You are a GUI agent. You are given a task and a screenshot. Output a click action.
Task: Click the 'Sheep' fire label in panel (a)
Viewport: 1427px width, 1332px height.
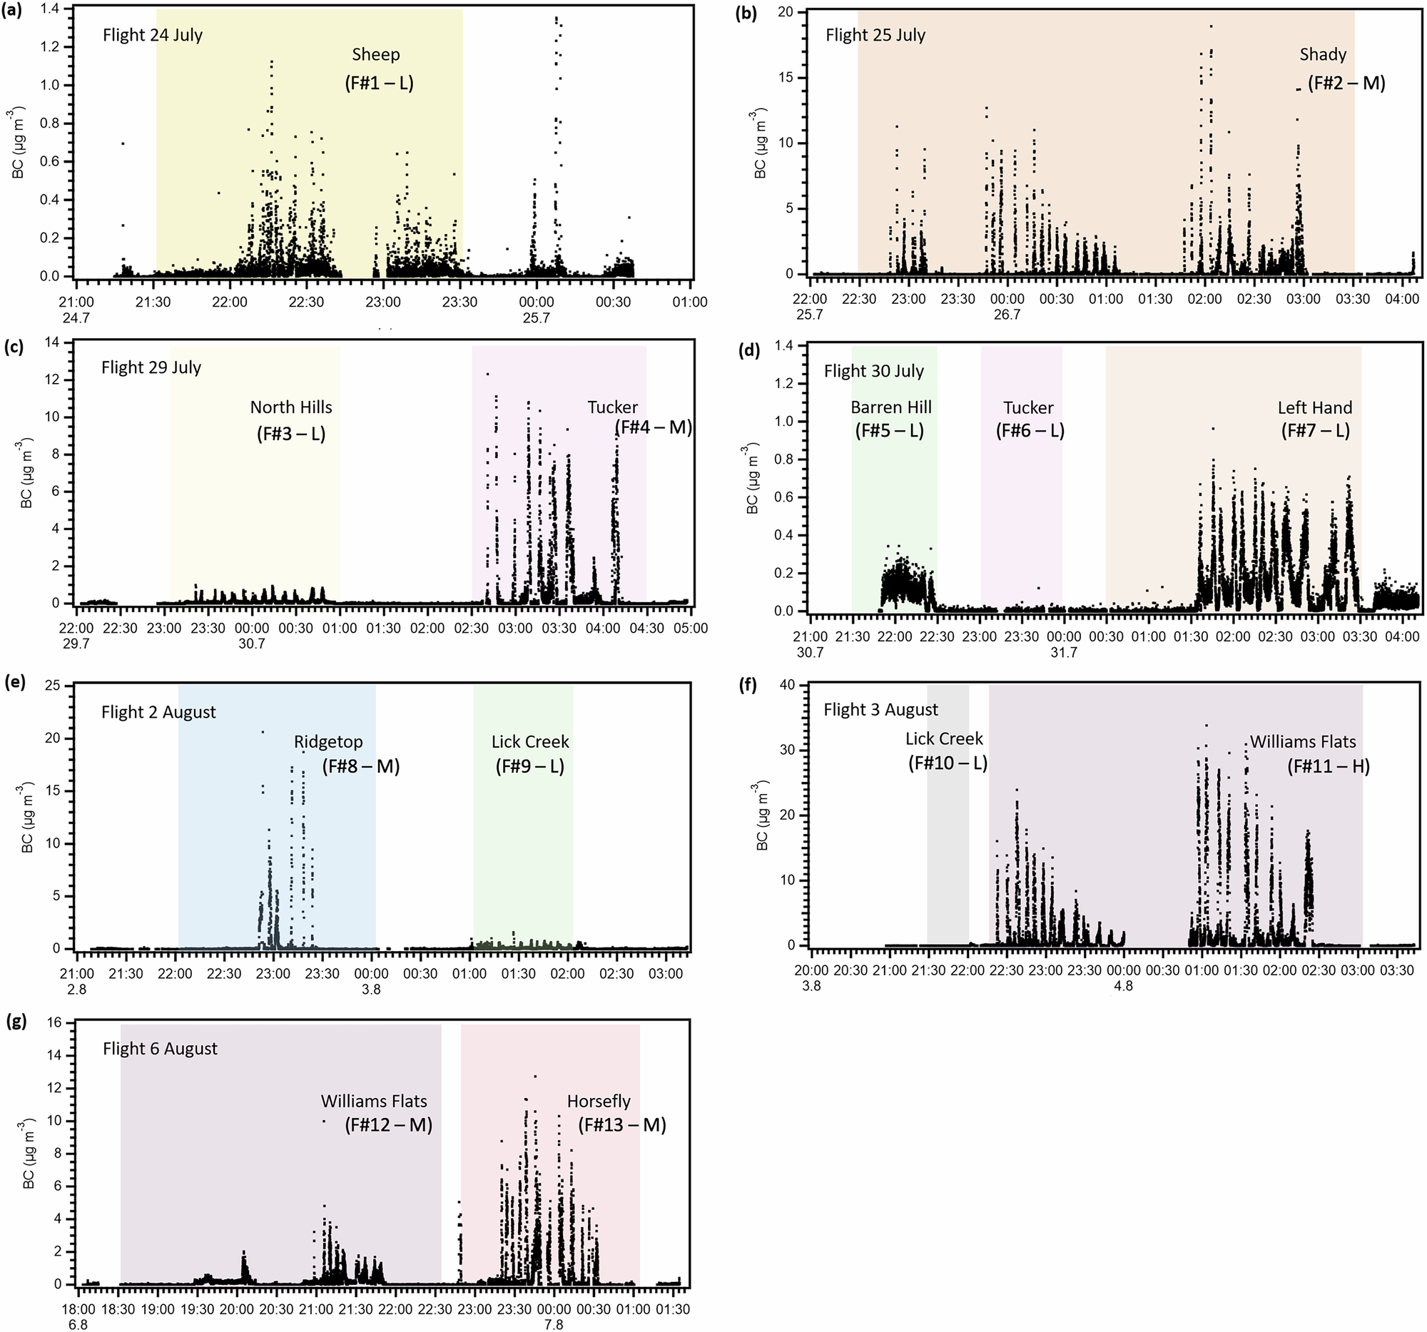point(375,54)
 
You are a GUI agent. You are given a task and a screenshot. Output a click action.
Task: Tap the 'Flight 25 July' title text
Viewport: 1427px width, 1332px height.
point(875,35)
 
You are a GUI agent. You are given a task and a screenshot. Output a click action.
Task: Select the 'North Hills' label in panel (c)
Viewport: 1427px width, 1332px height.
point(290,407)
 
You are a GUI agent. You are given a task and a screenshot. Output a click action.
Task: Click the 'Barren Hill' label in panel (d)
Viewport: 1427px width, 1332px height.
point(890,407)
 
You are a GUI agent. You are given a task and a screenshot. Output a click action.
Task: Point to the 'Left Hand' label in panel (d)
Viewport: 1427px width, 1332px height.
point(1314,407)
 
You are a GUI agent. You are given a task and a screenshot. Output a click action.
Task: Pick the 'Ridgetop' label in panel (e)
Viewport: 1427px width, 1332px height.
point(328,741)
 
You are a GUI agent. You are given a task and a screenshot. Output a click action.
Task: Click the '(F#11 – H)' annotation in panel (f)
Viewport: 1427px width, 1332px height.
point(1328,766)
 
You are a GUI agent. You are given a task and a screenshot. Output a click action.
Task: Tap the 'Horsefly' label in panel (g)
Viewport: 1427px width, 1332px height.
point(599,1101)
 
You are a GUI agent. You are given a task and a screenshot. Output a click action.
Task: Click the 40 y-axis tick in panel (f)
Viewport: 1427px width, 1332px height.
point(787,685)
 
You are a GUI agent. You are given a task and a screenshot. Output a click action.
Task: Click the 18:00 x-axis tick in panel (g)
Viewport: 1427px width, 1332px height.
point(78,1309)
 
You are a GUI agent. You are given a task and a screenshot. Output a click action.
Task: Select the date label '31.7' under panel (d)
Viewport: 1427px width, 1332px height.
point(1063,652)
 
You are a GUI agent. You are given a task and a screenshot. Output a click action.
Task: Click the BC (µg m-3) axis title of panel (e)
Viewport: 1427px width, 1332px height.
point(27,818)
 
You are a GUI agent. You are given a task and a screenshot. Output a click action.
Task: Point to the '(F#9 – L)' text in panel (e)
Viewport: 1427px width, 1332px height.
point(529,766)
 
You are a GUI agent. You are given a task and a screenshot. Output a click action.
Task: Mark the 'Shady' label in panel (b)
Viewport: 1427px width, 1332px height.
point(1322,54)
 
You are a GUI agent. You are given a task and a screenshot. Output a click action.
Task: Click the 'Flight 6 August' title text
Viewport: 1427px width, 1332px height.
point(159,1049)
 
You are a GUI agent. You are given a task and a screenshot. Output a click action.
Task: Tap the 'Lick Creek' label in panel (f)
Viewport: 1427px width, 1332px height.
point(943,738)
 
